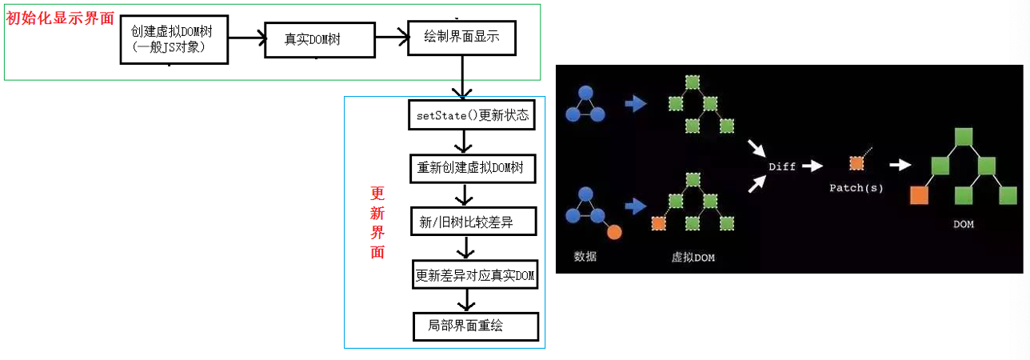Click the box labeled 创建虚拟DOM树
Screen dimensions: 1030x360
point(174,39)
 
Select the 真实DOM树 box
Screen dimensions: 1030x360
point(320,40)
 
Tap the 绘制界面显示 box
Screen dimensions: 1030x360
point(461,38)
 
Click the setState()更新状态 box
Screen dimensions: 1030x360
point(472,115)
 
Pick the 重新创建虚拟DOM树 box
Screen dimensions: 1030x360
point(473,168)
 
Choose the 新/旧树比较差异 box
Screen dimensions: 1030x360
point(473,222)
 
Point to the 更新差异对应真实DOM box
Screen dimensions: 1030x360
point(475,274)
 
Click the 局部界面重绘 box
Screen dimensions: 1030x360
point(476,327)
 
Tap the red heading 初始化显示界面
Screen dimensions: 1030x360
point(60,18)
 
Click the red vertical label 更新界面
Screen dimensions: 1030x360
point(377,222)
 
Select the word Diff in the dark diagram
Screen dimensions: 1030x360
point(782,166)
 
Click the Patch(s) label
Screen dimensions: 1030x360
point(856,187)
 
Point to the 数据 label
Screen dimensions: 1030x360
point(585,256)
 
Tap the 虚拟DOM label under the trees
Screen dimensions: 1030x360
point(693,258)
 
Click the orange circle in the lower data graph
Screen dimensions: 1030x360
point(614,232)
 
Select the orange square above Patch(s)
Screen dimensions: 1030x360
point(856,163)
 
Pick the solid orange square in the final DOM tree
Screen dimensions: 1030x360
point(919,195)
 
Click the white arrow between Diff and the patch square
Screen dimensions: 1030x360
point(812,166)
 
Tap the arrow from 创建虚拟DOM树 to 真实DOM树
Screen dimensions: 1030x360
point(247,38)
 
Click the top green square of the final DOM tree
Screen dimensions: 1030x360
point(964,137)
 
